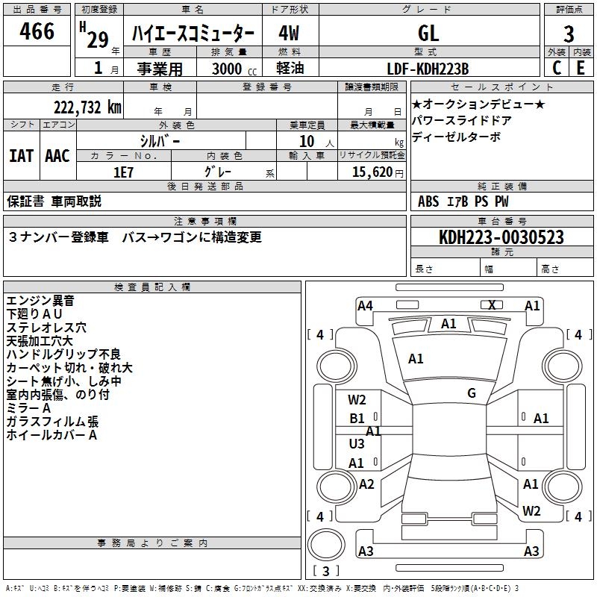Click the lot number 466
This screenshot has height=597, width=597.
pos(37,31)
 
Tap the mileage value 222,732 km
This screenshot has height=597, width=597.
pos(87,107)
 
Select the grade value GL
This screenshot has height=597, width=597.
pos(428,32)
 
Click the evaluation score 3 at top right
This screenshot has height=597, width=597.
pos(569,34)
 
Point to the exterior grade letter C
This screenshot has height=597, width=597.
pos(557,67)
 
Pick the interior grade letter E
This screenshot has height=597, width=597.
pos(581,67)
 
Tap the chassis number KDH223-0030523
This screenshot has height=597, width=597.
pos(501,237)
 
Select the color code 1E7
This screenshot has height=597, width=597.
pos(124,171)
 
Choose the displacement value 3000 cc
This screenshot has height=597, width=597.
pos(228,69)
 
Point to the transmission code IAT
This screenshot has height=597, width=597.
pos(21,155)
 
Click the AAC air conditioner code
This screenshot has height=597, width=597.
pos(57,155)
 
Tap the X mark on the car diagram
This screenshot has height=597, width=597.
pos(492,304)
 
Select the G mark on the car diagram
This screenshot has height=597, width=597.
pos(472,393)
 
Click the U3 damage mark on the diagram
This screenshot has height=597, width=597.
pos(357,443)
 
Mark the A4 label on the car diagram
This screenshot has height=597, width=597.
pos(365,305)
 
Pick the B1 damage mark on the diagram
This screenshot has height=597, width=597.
pos(357,419)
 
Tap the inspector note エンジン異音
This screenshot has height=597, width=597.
pos(40,301)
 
